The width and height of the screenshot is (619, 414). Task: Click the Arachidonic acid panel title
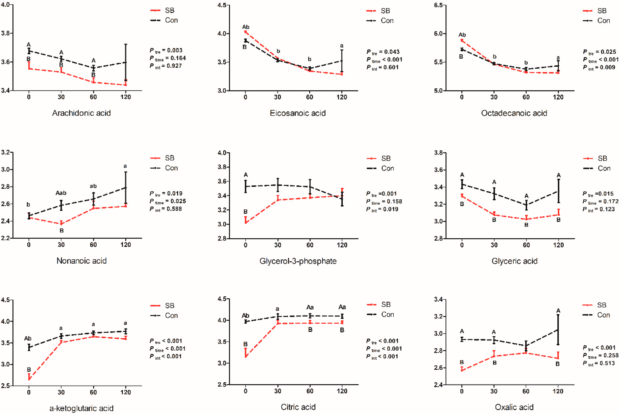81,113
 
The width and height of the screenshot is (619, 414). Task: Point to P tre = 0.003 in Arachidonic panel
166,50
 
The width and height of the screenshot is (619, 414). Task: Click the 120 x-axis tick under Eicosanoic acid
342,97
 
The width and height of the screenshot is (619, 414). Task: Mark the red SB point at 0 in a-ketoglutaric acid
29,379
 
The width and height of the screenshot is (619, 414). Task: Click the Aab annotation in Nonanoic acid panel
61,193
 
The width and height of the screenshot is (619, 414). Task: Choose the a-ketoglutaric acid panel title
81,408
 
